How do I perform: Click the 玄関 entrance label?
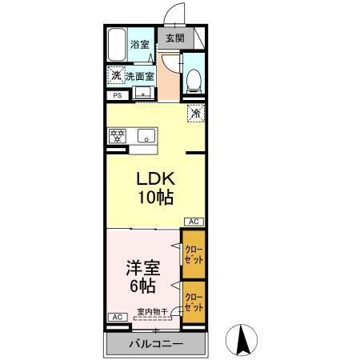174,38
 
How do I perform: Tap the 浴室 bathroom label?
140,45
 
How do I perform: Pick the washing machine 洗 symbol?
117,76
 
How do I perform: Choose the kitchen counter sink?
146,135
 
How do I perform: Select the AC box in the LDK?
193,222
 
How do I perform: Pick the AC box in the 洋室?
117,317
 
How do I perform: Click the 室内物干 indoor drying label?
151,312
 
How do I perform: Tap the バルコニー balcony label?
156,344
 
